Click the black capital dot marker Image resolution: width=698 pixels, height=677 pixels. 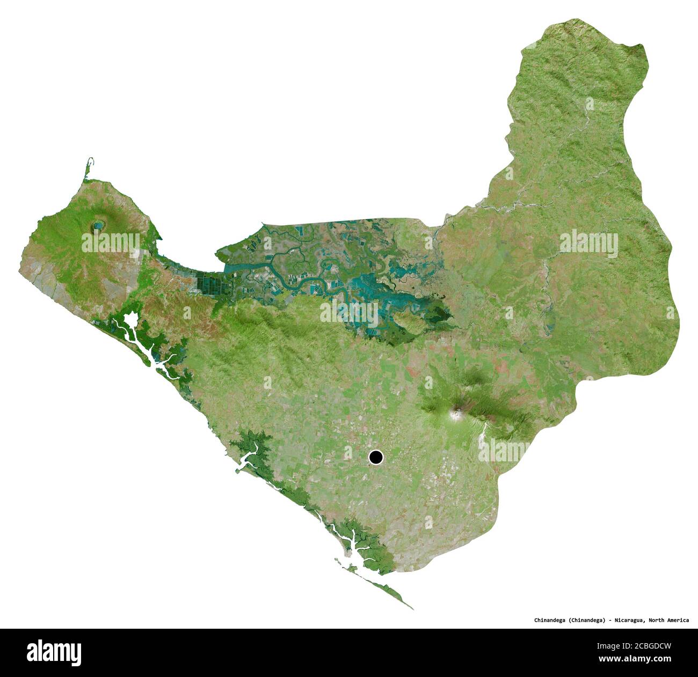[x=376, y=458]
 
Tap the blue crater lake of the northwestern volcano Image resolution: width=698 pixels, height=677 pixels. [x=98, y=228]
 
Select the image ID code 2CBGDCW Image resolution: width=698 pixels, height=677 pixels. [x=649, y=643]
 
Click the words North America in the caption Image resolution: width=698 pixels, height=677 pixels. [x=668, y=620]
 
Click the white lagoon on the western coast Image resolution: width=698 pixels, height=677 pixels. [x=130, y=321]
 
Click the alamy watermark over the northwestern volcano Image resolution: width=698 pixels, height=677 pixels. [x=111, y=242]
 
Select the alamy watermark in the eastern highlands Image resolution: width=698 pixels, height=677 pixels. [x=588, y=242]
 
